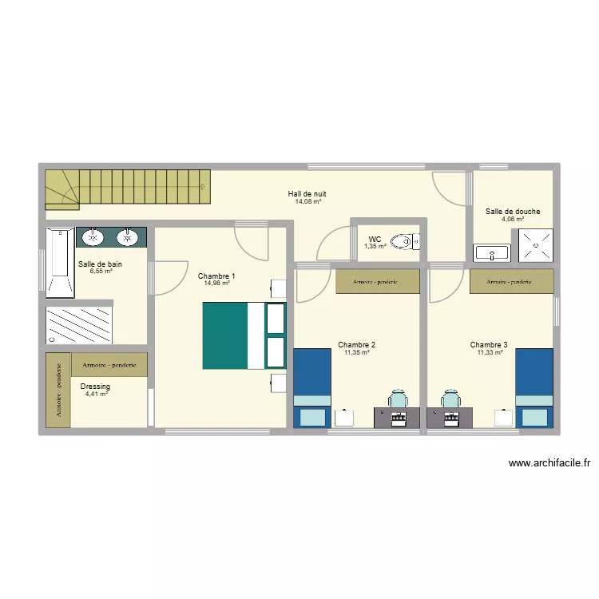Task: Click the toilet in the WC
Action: pos(411,240)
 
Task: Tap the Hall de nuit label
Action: pos(307,194)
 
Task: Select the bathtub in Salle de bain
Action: pos(59,262)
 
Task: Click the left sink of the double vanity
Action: pos(94,237)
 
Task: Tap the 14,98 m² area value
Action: pos(216,283)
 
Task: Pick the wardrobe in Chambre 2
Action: pos(377,281)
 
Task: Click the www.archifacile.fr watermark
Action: pos(549,462)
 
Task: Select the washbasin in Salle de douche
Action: pos(493,253)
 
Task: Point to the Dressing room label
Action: pos(96,387)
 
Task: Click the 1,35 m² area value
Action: pos(375,246)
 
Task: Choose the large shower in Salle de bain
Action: pos(78,325)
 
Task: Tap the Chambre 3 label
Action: pos(489,345)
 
